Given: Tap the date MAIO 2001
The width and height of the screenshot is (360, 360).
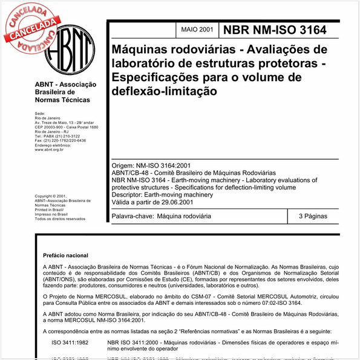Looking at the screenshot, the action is pyautogui.click(x=197, y=30).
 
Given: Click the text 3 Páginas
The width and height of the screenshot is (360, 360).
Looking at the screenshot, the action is pyautogui.click(x=312, y=216).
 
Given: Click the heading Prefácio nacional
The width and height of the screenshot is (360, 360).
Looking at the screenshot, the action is pyautogui.click(x=71, y=255).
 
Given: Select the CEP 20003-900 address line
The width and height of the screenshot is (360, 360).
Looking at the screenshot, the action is pyautogui.click(x=67, y=127).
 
